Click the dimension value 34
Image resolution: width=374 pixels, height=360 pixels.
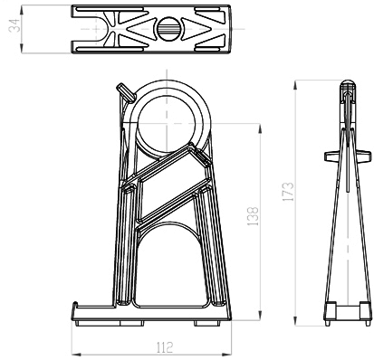pyautogui.click(x=14, y=25)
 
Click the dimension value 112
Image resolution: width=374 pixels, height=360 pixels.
pyautogui.click(x=165, y=347)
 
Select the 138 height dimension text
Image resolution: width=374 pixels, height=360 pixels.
pyautogui.click(x=253, y=216)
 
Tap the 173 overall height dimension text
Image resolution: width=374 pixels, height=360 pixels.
pyautogui.click(x=287, y=192)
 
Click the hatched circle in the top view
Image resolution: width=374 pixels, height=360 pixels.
pyautogui.click(x=168, y=29)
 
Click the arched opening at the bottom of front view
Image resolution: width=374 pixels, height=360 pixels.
pyautogui.click(x=170, y=265)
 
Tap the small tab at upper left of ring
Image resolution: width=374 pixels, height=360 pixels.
pyautogui.click(x=126, y=92)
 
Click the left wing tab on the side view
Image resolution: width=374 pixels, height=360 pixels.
pyautogui.click(x=332, y=156)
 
